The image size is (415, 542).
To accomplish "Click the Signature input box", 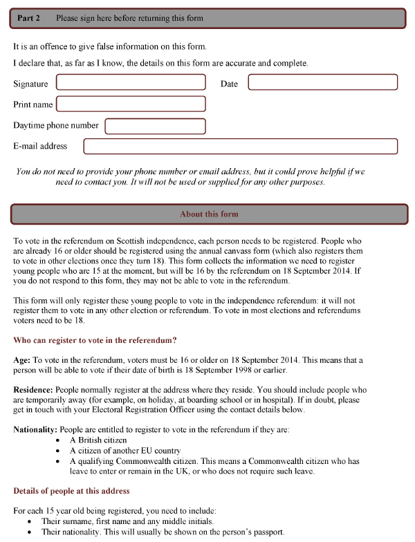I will coord(131,82).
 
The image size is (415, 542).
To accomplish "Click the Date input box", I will coord(322,82).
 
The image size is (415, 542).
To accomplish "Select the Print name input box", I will coord(131,104).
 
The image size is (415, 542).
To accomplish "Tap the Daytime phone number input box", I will coord(155,126).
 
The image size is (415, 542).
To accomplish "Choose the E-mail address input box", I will coord(240,147).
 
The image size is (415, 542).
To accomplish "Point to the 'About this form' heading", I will coord(209,214).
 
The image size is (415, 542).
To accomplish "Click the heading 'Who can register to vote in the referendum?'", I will coord(95,339).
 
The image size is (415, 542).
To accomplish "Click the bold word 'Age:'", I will coord(22,360).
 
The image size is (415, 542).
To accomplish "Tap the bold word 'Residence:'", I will coord(33,390).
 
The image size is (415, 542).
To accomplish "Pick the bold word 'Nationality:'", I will coord(36,430).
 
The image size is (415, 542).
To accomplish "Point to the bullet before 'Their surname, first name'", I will coord(29,521).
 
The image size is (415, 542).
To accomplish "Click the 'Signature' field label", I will coord(30,84).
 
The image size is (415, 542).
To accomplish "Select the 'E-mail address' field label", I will coord(40,147).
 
